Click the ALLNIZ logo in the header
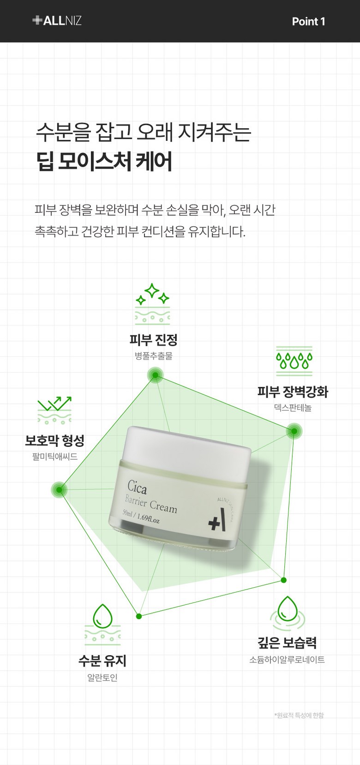click(x=57, y=21)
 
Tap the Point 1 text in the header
click(x=308, y=22)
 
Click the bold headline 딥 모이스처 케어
click(x=104, y=161)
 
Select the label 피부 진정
click(x=153, y=339)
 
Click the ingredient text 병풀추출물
click(x=153, y=356)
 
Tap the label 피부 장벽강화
click(x=293, y=392)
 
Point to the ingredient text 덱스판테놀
click(x=293, y=408)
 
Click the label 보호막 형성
click(x=54, y=440)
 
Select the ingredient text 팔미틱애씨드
click(x=54, y=457)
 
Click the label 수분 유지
click(x=102, y=661)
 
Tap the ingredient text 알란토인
click(x=102, y=677)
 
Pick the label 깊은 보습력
click(x=287, y=643)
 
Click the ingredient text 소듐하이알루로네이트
click(x=287, y=659)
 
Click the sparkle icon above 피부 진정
click(x=152, y=304)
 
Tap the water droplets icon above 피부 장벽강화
click(x=294, y=361)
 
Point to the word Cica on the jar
click(x=137, y=488)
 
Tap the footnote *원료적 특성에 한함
click(x=299, y=715)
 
